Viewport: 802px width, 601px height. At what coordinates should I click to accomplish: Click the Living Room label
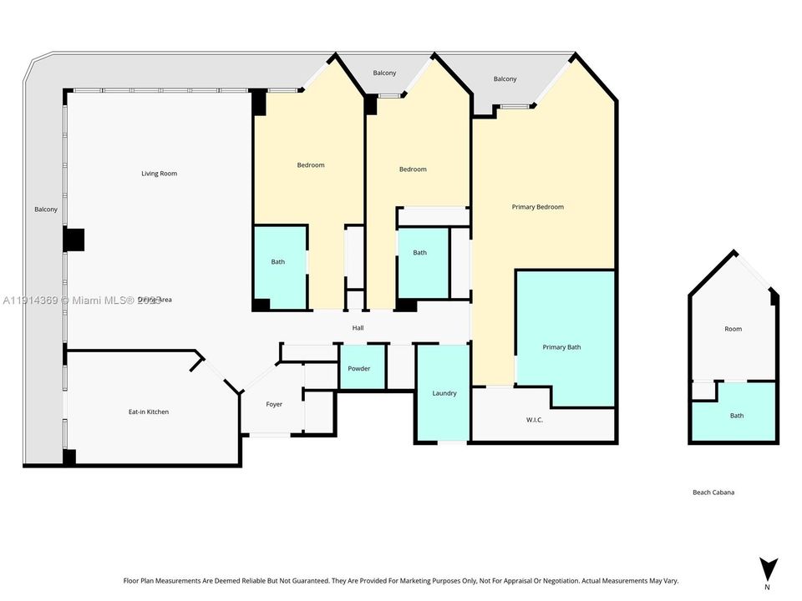click(159, 174)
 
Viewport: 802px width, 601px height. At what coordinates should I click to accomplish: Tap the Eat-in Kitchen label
click(148, 412)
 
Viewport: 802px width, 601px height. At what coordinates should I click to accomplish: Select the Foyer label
click(274, 404)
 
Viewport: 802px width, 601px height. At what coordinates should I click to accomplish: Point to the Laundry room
click(444, 393)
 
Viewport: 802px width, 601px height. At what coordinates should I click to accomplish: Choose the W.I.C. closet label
click(535, 420)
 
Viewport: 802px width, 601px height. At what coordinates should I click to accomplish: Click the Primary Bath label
click(561, 347)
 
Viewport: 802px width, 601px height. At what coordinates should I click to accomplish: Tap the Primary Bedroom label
click(537, 207)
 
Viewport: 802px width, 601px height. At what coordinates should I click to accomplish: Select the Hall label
click(358, 328)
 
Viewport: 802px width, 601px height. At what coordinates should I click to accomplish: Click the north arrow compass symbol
click(767, 567)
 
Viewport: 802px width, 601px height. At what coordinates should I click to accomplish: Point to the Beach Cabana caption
click(713, 492)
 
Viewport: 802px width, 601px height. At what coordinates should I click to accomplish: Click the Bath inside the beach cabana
click(736, 416)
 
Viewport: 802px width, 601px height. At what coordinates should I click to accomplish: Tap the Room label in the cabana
click(733, 329)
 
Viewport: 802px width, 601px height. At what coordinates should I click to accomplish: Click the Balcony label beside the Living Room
click(46, 210)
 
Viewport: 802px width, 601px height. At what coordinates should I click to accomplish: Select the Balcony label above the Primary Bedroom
click(505, 79)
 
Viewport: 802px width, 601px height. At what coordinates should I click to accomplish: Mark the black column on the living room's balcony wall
click(74, 240)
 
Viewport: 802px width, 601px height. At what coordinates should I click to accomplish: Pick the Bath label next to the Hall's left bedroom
click(278, 262)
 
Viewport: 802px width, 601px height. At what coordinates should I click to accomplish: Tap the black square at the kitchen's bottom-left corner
click(69, 457)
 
